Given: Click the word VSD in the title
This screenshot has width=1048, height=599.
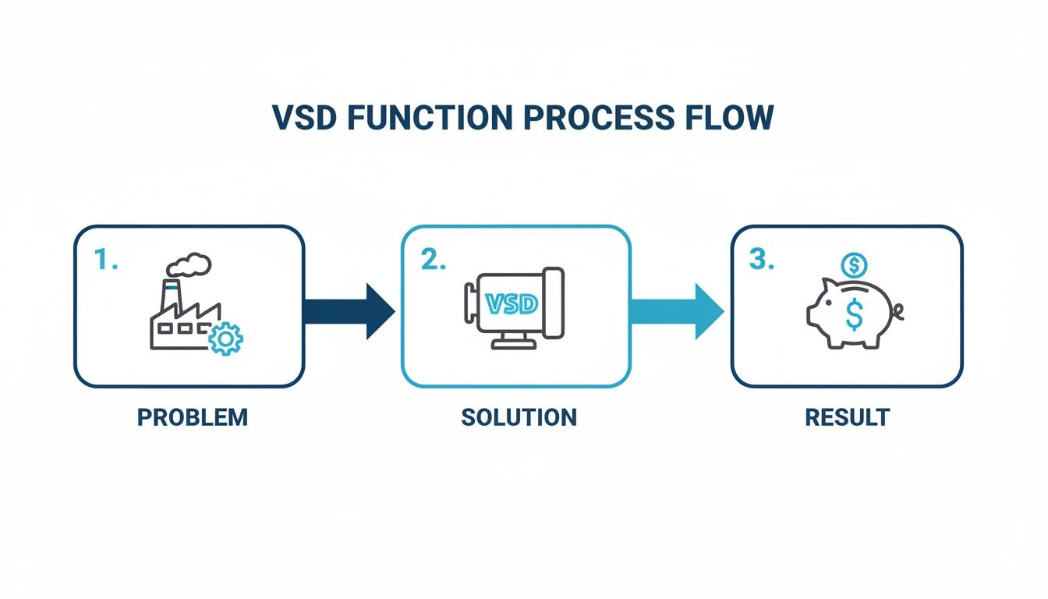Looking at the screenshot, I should pyautogui.click(x=304, y=117).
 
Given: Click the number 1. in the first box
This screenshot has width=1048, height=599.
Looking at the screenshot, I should pyautogui.click(x=105, y=261).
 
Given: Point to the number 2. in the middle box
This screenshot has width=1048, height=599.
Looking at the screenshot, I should pyautogui.click(x=434, y=261).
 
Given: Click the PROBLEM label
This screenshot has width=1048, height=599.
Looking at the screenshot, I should pyautogui.click(x=192, y=417).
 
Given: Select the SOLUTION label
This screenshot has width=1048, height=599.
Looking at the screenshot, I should pyautogui.click(x=519, y=417).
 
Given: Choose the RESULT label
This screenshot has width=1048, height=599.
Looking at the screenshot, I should pyautogui.click(x=847, y=417).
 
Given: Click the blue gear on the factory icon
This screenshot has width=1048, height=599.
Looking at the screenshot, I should pyautogui.click(x=226, y=339).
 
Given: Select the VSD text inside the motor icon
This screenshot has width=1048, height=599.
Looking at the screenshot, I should pyautogui.click(x=511, y=304).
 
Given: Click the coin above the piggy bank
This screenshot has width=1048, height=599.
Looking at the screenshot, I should pyautogui.click(x=854, y=265).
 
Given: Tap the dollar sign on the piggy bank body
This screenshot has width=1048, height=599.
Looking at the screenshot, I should pyautogui.click(x=854, y=315).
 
